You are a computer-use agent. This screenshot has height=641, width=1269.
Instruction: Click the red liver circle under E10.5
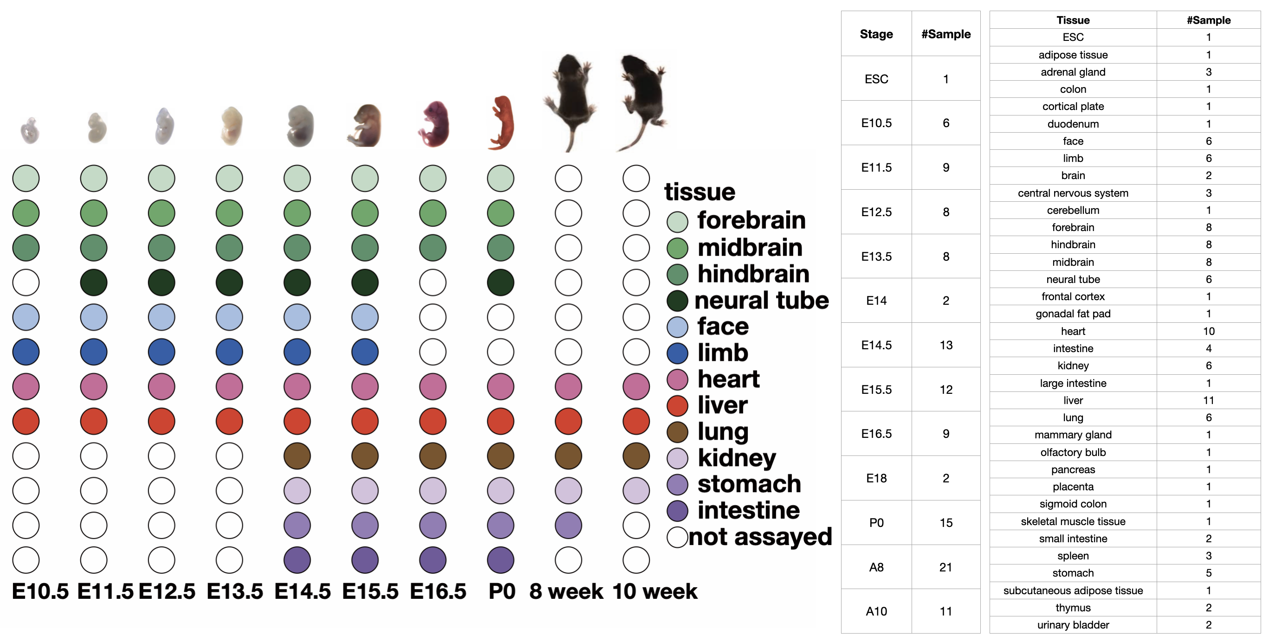(26, 422)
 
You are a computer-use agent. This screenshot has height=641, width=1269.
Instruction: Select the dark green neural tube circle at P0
(500, 282)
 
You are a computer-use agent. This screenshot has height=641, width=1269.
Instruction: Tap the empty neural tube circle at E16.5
(433, 282)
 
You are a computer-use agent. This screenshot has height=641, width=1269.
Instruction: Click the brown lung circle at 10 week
(636, 456)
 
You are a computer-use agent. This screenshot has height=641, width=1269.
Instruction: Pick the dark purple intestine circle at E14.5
(297, 560)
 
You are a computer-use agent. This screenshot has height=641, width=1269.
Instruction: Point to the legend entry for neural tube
(761, 300)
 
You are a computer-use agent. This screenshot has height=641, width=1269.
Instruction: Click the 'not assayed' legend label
(760, 537)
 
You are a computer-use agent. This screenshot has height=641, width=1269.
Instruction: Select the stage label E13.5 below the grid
(234, 591)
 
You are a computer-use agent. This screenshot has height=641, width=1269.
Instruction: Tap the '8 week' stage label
(566, 591)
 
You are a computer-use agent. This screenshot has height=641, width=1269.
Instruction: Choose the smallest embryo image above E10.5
(30, 130)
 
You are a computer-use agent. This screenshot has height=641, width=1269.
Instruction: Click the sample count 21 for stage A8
(945, 567)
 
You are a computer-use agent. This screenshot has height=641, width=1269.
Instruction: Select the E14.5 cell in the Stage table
(876, 345)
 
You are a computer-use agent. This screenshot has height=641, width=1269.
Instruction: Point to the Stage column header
(876, 34)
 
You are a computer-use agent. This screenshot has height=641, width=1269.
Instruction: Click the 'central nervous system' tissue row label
(1073, 193)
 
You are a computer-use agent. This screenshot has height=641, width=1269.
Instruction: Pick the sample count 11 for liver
(1208, 400)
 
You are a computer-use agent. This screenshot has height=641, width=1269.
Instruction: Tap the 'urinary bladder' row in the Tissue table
(1073, 625)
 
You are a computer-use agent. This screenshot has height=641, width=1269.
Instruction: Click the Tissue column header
(1073, 20)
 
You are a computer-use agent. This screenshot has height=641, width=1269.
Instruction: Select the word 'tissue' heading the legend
(699, 192)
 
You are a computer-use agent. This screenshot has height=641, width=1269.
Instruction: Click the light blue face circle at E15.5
(365, 317)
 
